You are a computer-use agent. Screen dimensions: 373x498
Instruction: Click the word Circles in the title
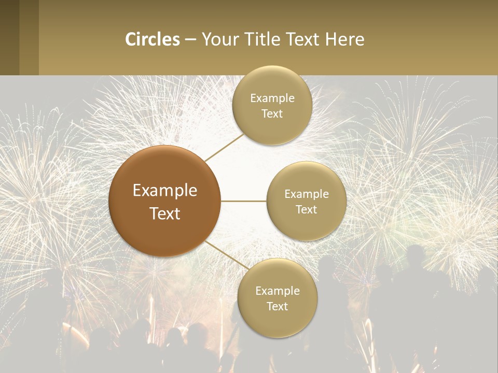pyautogui.click(x=153, y=39)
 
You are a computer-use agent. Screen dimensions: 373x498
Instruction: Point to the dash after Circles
pyautogui.click(x=190, y=40)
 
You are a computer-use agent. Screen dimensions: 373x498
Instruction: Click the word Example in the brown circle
pyautogui.click(x=165, y=191)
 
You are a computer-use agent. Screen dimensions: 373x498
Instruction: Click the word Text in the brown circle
pyautogui.click(x=165, y=213)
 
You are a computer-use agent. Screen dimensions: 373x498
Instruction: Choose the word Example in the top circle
pyautogui.click(x=272, y=98)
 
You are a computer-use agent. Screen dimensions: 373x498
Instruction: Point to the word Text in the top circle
pyautogui.click(x=272, y=113)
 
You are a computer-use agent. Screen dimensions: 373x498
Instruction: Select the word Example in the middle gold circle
pyautogui.click(x=307, y=194)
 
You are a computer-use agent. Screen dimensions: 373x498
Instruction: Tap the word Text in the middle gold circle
pyautogui.click(x=307, y=209)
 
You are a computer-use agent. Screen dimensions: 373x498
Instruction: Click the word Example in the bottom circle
pyautogui.click(x=278, y=291)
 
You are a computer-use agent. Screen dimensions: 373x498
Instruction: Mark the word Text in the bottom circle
pyautogui.click(x=278, y=306)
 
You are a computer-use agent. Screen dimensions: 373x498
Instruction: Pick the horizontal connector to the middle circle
pyautogui.click(x=244, y=201)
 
